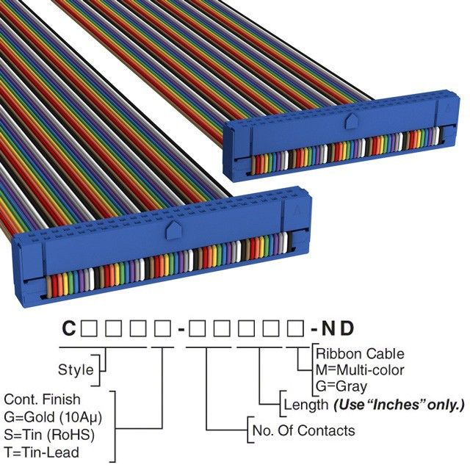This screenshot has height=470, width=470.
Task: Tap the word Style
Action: click(x=76, y=369)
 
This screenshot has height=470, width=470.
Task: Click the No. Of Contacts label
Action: click(x=303, y=430)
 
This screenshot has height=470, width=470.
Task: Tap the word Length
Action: click(x=305, y=404)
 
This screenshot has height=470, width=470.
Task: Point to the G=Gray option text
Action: click(x=343, y=386)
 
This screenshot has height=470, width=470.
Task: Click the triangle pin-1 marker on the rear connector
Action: click(x=444, y=106)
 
